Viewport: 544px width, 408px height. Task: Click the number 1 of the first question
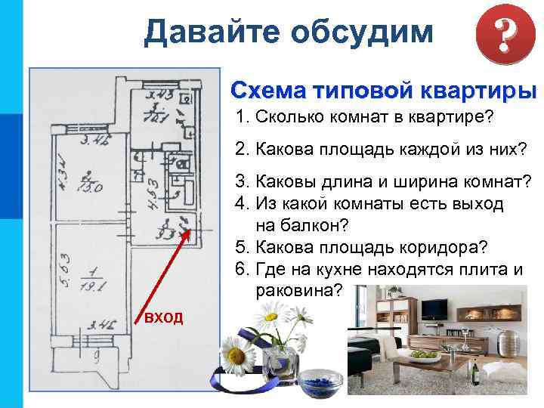pyautogui.click(x=240, y=119)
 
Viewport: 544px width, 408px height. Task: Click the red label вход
pyautogui.click(x=163, y=317)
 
